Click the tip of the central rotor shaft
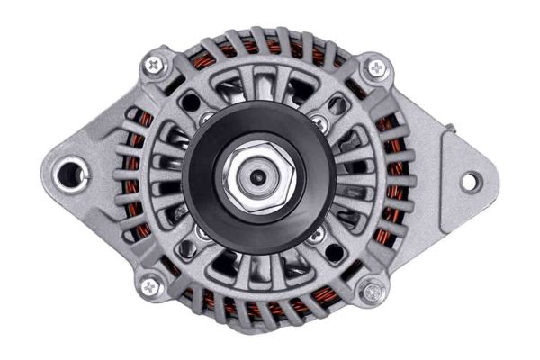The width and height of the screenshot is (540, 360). [x=258, y=178]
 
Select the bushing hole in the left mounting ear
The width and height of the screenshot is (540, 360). [x=69, y=174]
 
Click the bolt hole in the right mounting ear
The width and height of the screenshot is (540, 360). [x=469, y=181]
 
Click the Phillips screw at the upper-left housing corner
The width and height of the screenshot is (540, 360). [x=157, y=65]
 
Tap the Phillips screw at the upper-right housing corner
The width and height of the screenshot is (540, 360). [x=375, y=67]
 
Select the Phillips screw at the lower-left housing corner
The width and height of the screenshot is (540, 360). [x=150, y=286]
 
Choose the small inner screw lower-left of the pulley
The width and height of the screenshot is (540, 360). [x=203, y=235]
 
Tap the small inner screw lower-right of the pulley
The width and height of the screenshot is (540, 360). [x=315, y=236]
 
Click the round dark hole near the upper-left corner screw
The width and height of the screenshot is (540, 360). [x=189, y=103]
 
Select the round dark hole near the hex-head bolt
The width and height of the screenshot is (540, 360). [x=335, y=253]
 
